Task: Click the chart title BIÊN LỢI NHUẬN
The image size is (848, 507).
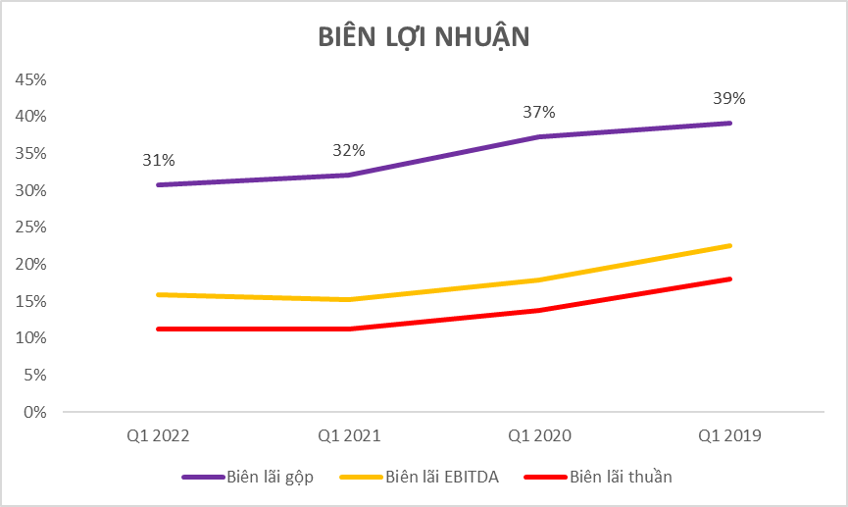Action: click(x=424, y=36)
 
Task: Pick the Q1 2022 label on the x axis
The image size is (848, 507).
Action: click(x=158, y=434)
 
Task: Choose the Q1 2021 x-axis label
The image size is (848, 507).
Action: click(x=348, y=434)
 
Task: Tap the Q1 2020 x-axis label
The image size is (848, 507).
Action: click(x=539, y=434)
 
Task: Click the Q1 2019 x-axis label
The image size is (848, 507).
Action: click(x=730, y=434)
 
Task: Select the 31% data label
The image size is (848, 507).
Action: click(x=158, y=160)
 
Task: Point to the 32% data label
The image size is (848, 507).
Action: click(x=348, y=150)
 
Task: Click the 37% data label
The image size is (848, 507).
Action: click(x=539, y=112)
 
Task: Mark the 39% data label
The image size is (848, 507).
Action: click(x=729, y=98)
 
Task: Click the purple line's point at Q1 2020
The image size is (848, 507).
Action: click(x=539, y=136)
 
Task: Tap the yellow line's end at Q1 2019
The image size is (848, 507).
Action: click(x=730, y=245)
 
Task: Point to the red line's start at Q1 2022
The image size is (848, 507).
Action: click(x=158, y=329)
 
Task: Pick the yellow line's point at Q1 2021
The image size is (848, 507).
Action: click(x=348, y=299)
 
